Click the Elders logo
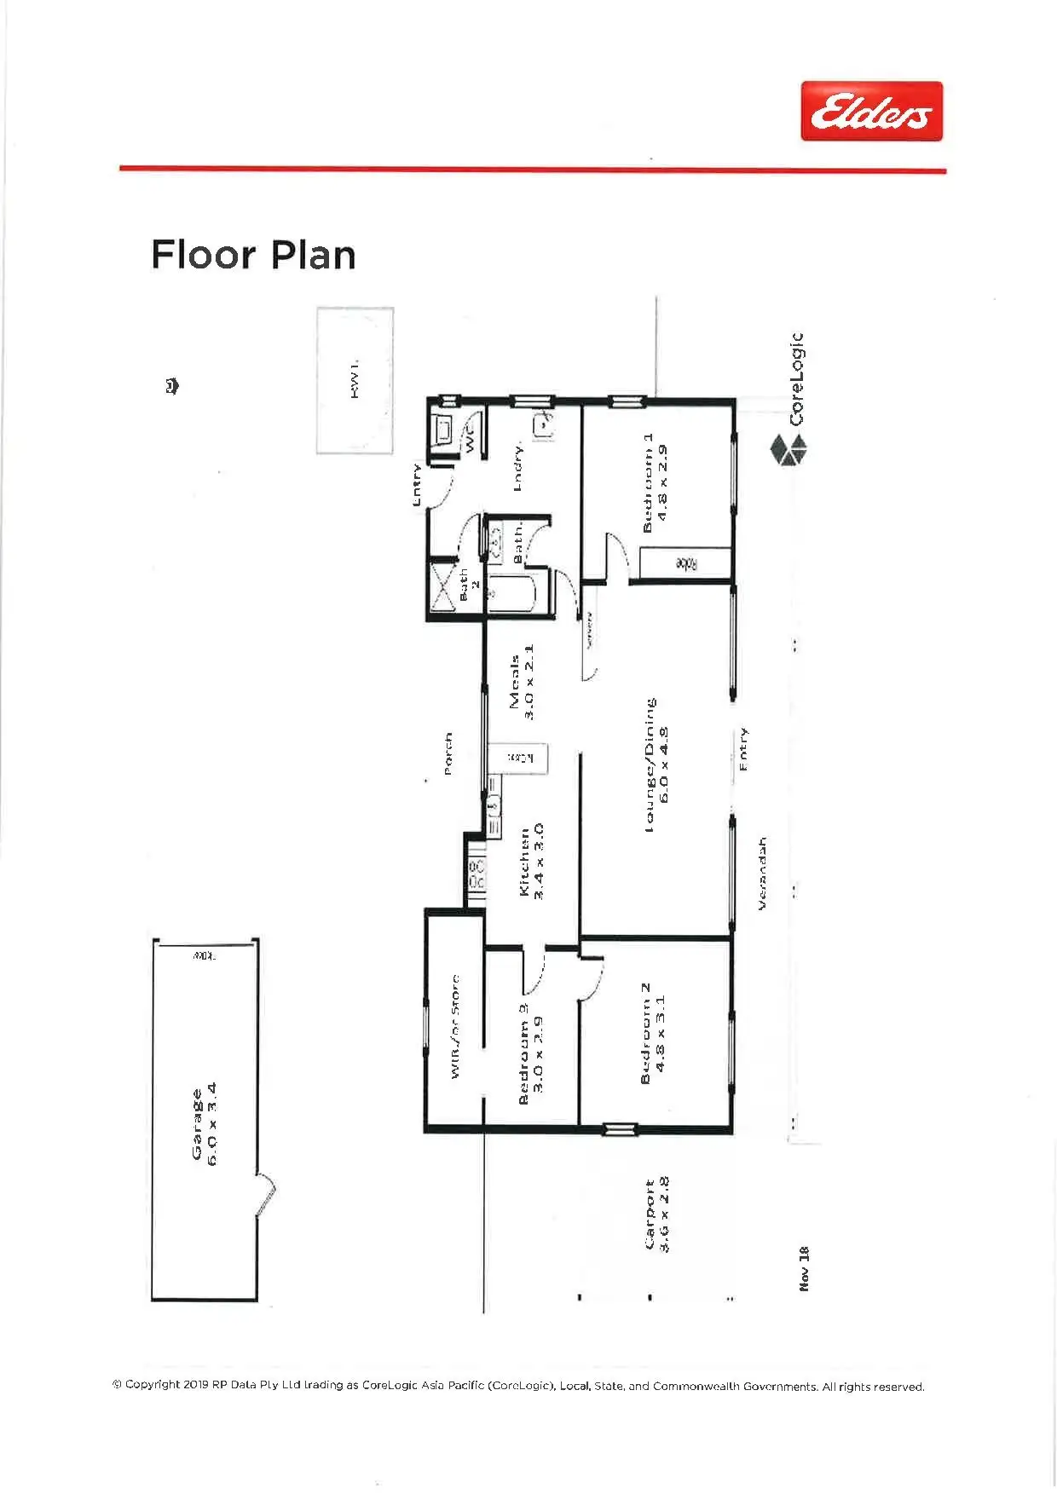click(x=871, y=112)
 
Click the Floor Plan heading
click(x=253, y=256)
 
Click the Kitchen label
click(x=531, y=861)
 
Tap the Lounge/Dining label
click(x=656, y=764)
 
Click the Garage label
click(x=205, y=1123)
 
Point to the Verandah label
click(x=762, y=873)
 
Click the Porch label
click(x=448, y=753)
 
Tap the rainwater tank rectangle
click(x=355, y=380)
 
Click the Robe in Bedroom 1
click(x=685, y=564)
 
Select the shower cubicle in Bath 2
click(x=442, y=585)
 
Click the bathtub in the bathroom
click(x=511, y=594)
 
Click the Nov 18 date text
click(x=804, y=1267)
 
